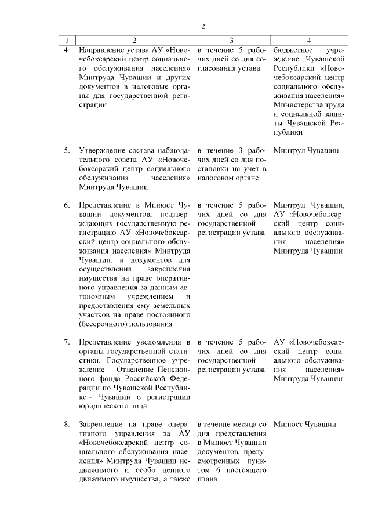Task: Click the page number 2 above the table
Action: point(203,26)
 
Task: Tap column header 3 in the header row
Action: point(231,40)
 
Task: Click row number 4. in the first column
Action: point(67,50)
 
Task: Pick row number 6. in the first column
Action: point(67,205)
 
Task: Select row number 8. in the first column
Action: point(67,425)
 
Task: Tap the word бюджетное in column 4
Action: point(293,50)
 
